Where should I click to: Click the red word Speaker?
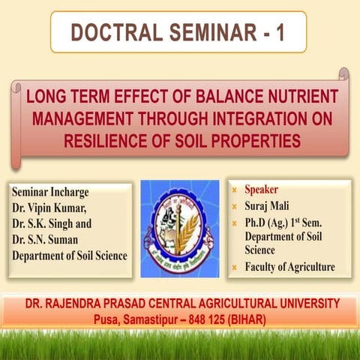coord(262,189)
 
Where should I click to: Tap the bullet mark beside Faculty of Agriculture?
coord(234,267)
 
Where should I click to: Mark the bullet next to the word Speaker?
coord(234,189)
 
